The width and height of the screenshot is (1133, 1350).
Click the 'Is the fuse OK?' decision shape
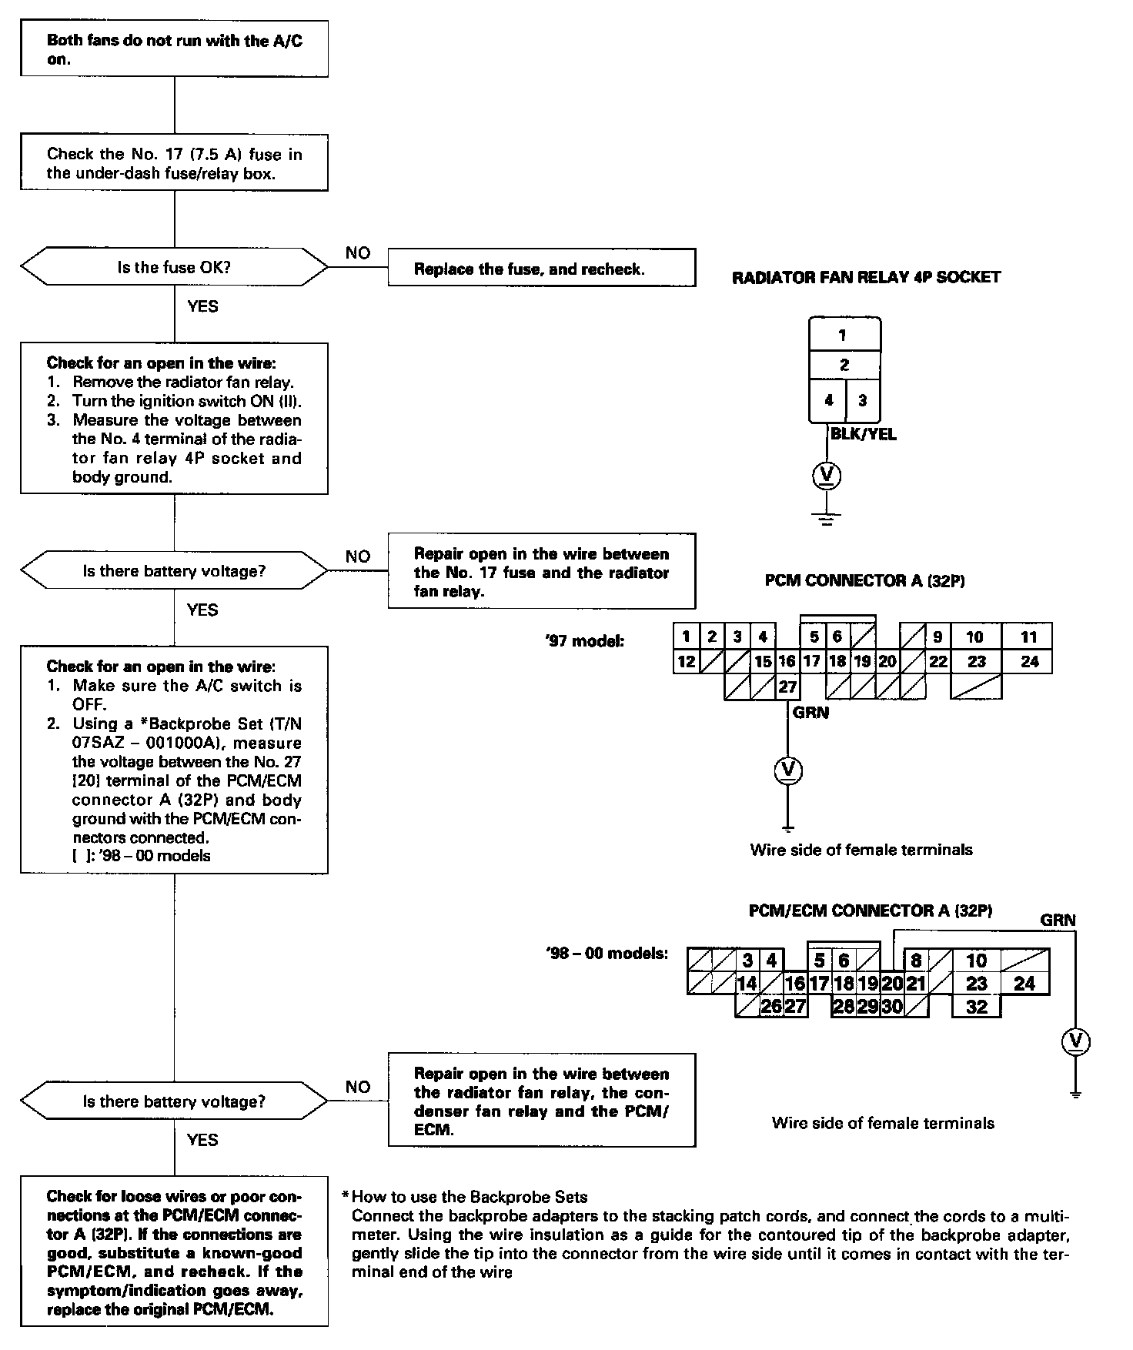tap(174, 268)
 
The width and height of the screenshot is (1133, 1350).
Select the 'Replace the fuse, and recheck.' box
tap(541, 268)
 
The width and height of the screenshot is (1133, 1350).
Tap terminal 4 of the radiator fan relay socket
tap(828, 401)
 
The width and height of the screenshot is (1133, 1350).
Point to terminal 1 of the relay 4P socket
tap(844, 335)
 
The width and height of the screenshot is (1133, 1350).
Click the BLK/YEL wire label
tap(864, 434)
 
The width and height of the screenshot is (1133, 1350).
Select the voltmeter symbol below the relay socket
tap(827, 476)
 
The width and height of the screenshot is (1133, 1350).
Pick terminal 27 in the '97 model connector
tap(787, 687)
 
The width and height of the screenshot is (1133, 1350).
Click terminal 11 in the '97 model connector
tap(1028, 637)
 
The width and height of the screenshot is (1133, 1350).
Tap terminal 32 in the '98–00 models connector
tap(976, 1007)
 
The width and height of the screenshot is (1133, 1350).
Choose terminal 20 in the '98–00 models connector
tap(892, 983)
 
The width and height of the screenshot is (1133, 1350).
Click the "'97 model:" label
tap(583, 640)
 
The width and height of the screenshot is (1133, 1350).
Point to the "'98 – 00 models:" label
tap(607, 954)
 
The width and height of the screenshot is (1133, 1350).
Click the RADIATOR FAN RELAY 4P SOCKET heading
tap(866, 277)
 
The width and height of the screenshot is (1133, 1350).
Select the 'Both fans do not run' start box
tap(174, 49)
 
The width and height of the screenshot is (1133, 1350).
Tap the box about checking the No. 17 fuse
tap(174, 163)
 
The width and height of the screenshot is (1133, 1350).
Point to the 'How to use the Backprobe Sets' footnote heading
tap(470, 1197)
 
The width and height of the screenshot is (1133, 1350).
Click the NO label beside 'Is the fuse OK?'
tap(358, 253)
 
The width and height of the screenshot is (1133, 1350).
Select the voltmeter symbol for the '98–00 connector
tap(1076, 1041)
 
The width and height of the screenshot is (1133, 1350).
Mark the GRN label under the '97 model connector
tap(811, 713)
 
